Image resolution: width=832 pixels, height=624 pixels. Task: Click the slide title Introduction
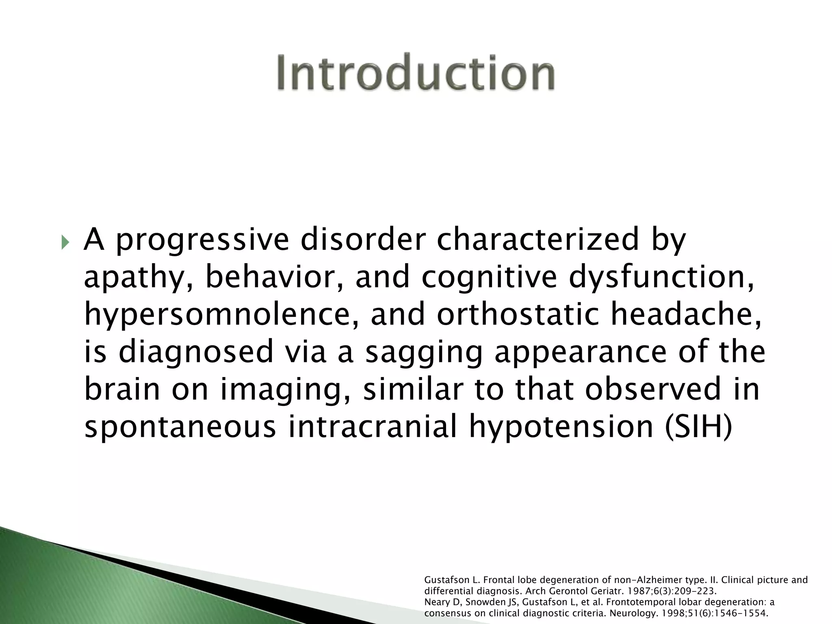(x=416, y=73)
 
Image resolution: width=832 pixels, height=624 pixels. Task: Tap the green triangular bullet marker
(x=65, y=244)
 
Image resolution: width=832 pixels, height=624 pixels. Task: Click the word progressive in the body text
(x=202, y=240)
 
